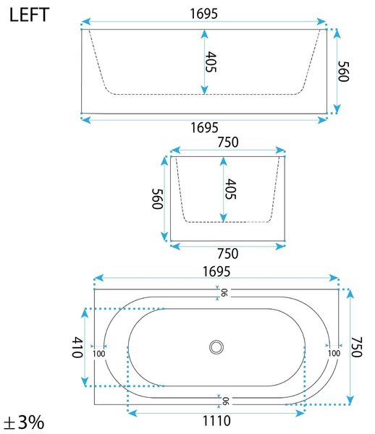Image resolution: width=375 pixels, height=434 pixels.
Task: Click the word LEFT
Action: pos(30,15)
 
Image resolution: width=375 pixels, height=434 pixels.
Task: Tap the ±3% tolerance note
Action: pos(25,422)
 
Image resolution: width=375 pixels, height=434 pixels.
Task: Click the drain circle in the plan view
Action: pos(216,346)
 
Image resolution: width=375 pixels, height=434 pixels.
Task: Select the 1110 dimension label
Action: pos(216,421)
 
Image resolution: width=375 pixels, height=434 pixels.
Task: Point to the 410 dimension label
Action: pos(77,347)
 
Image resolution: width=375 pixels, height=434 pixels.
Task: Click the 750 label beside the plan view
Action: pos(357,347)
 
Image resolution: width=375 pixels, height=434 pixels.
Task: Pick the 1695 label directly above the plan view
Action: pos(216,271)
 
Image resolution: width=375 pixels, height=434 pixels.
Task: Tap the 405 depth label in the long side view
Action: pos(211,61)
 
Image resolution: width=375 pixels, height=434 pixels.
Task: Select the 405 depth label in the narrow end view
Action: pos(230,189)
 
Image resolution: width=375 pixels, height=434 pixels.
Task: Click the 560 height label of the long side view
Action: pos(343,72)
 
